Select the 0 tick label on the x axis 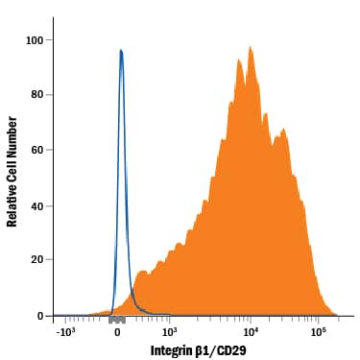pos(116,332)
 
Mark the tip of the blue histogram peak pos(121,50)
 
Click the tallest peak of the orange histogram pos(250,46)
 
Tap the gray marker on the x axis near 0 pos(117,319)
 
